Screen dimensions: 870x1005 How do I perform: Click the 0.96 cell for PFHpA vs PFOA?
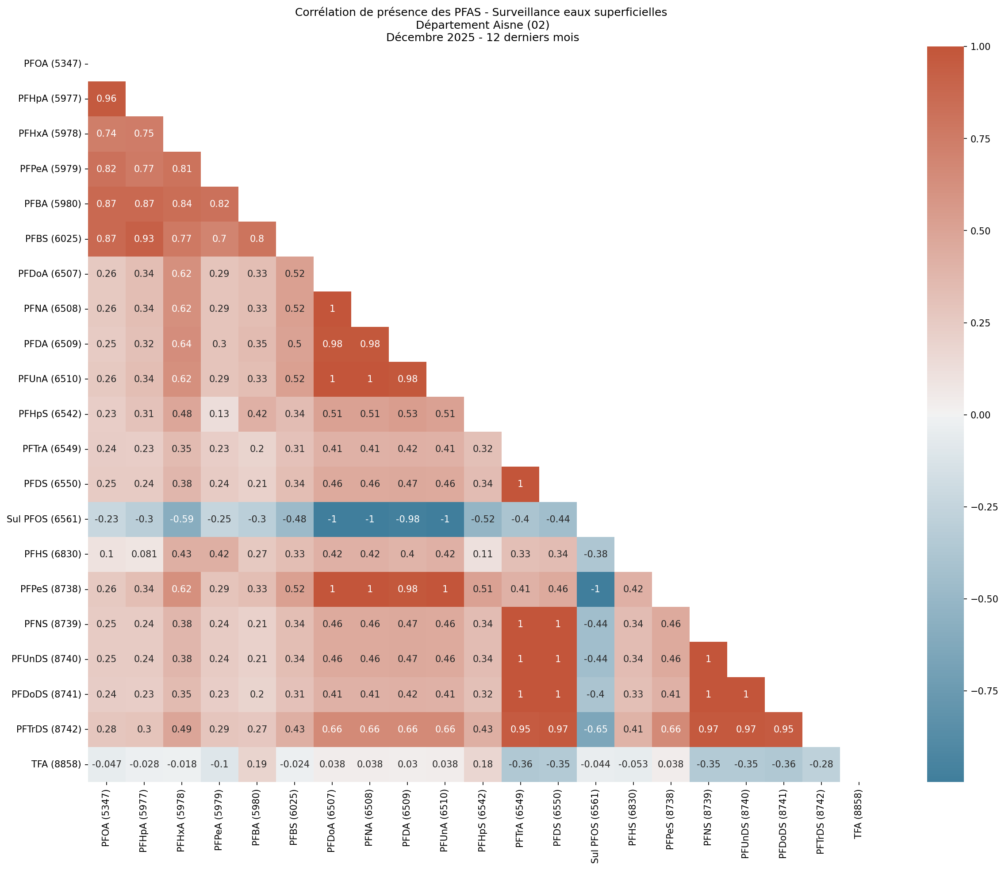point(106,99)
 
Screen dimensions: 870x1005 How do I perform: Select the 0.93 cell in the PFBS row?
point(144,239)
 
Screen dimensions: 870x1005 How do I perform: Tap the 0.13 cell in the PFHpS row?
point(219,414)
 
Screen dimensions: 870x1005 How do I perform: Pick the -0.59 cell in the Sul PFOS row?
point(181,519)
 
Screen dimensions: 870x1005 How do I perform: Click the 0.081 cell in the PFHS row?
point(144,554)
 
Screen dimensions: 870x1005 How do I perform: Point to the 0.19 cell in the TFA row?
point(257,764)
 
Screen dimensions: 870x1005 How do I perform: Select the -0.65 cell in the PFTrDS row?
point(595,729)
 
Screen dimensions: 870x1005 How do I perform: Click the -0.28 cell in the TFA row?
point(821,764)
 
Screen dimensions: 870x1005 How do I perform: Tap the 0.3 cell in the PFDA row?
point(219,344)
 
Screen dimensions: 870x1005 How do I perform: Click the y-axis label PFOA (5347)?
point(53,64)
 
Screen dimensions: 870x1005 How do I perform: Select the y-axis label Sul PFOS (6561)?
point(44,519)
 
